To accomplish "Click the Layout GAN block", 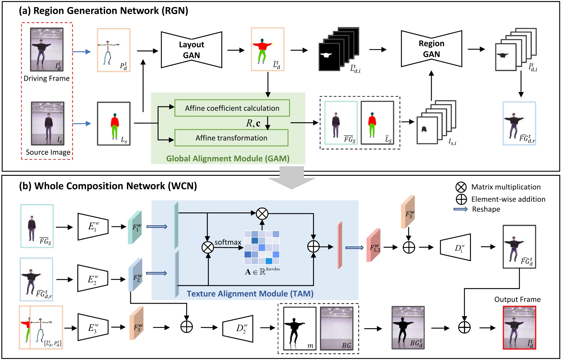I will coord(191,50).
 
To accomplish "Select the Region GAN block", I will coord(431,49).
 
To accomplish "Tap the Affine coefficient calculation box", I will coord(232,108).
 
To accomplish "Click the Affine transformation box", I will coord(231,138).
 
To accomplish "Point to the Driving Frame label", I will coord(47,78).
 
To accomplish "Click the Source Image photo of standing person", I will coord(48,123).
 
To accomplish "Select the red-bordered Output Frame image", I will coord(519,328).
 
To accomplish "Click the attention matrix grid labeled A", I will coord(262,247).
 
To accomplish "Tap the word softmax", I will coord(228,242).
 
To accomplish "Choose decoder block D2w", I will coord(238,328).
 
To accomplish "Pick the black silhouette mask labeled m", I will coord(300,328).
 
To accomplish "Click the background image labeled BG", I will coord(336,328).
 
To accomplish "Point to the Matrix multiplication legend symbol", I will coord(461,187).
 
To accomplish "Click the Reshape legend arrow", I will coord(461,209).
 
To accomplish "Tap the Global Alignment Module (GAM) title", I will coord(228,158).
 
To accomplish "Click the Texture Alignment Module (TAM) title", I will coord(250,294).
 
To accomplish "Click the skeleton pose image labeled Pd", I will coord(113,50).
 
